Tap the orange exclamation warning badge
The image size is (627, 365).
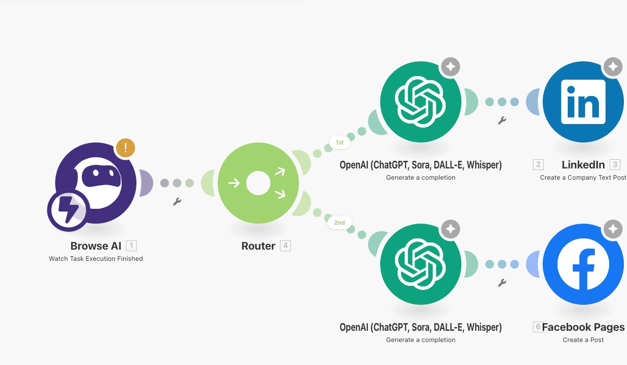125,148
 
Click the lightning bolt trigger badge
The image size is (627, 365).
68,210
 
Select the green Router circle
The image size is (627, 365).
258,183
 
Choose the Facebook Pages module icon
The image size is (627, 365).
583,264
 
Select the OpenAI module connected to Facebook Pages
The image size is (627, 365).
421,264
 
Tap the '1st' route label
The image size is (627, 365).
339,143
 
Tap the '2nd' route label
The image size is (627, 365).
339,223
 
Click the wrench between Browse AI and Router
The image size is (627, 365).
177,202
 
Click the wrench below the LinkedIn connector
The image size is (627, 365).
502,120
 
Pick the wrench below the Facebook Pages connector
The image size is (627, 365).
502,283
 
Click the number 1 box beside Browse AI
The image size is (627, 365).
131,246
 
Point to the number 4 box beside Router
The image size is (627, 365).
285,246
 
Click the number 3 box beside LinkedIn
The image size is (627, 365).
615,164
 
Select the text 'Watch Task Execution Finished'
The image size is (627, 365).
96,259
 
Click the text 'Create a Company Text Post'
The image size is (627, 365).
583,178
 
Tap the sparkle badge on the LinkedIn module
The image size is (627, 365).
612,67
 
